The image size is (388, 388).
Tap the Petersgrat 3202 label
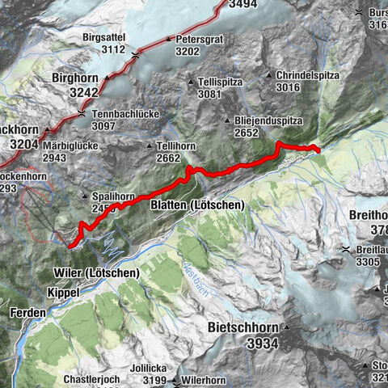(198, 44)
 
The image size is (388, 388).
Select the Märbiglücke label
(70, 145)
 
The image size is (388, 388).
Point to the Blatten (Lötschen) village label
(197, 206)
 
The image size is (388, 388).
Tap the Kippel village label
(63, 292)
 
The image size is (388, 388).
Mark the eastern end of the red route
(318, 150)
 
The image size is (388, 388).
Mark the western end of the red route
(70, 243)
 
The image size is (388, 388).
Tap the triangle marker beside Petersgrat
(169, 39)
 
